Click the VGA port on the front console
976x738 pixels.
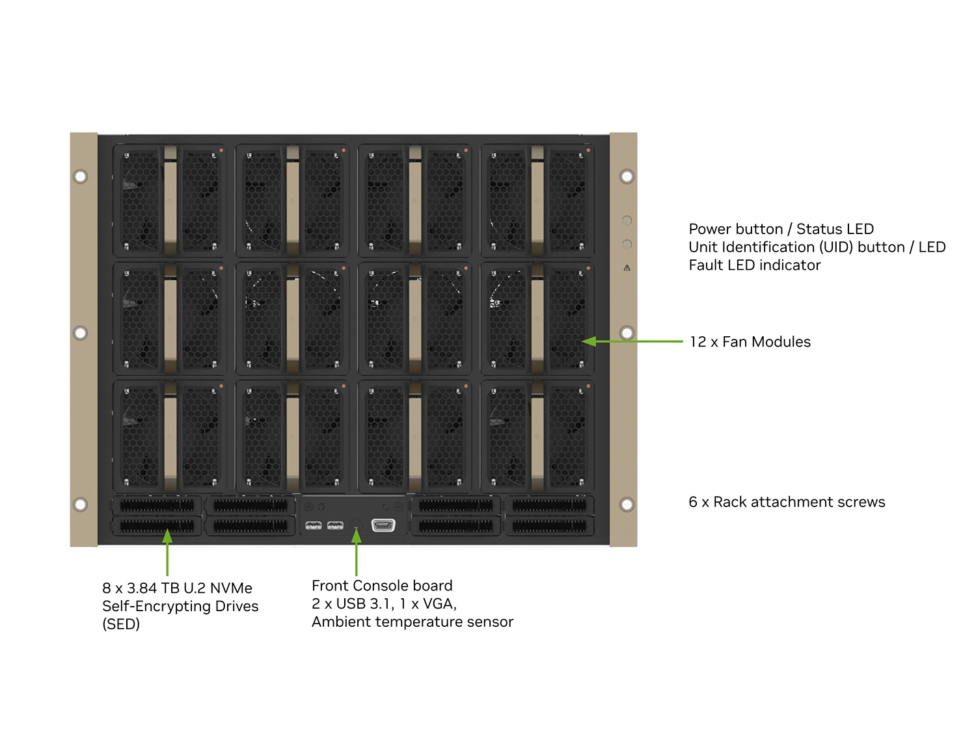383,525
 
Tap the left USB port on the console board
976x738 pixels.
314,525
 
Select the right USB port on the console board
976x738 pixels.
335,525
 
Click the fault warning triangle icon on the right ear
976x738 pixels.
627,268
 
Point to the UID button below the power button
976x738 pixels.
627,244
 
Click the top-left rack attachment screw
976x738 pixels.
81,176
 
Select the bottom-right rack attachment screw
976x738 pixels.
627,505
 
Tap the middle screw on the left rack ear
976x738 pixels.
81,333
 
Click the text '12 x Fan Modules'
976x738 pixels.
750,342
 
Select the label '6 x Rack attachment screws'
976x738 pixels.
787,502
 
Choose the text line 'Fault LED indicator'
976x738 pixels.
754,265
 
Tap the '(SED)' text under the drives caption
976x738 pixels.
121,624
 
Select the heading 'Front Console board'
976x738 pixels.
382,586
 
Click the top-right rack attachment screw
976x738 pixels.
627,176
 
